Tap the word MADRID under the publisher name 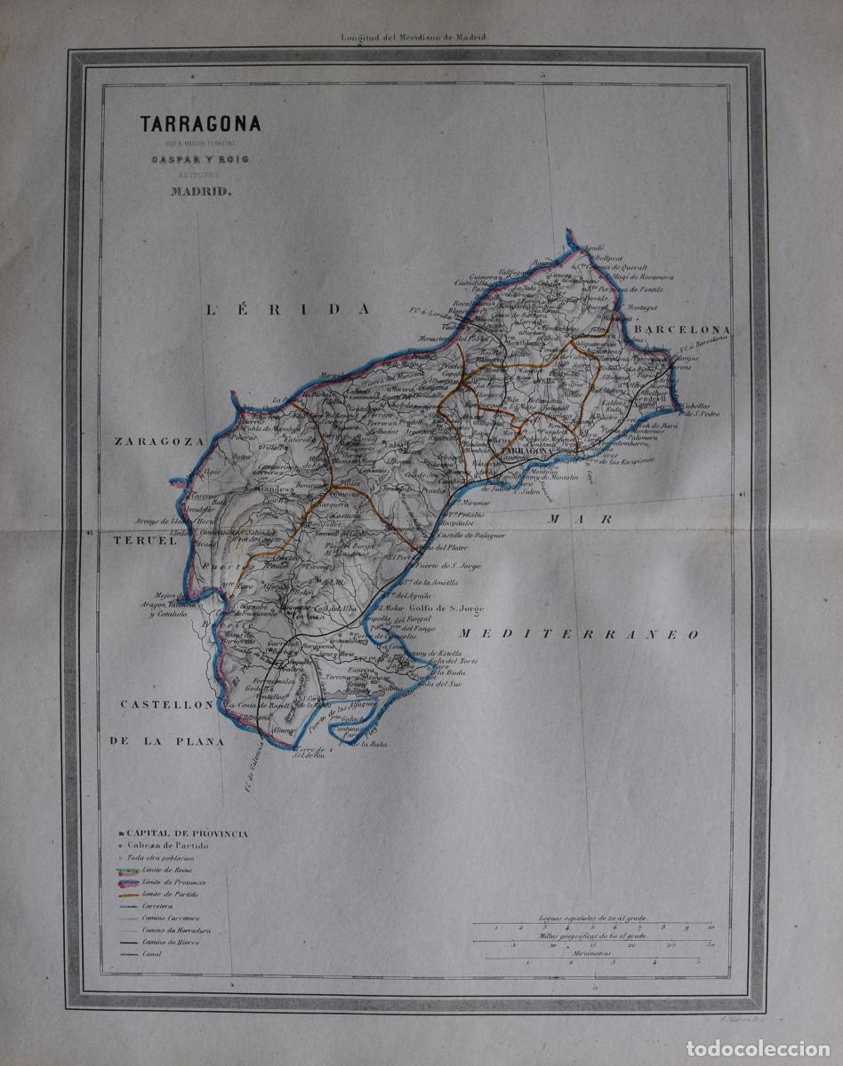186,187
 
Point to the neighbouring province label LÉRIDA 287,309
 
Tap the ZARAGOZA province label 157,440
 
